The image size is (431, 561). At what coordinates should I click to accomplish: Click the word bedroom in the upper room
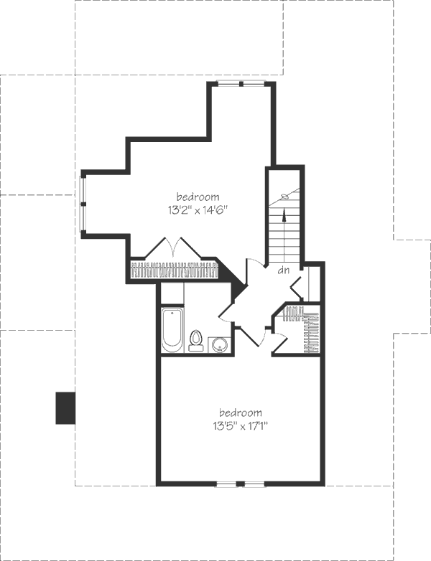click(x=198, y=196)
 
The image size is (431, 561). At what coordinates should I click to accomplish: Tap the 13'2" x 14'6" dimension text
click(x=198, y=210)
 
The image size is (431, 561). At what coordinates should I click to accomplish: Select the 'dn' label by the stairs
click(x=283, y=271)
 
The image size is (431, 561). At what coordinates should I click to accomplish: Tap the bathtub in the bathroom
click(x=172, y=330)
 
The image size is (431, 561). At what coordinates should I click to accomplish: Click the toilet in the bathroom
click(x=196, y=340)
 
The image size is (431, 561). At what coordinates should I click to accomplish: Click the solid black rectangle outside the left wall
click(x=66, y=407)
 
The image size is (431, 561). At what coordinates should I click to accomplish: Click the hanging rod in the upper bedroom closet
click(x=174, y=270)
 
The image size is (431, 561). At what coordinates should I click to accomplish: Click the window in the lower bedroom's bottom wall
click(x=241, y=484)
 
